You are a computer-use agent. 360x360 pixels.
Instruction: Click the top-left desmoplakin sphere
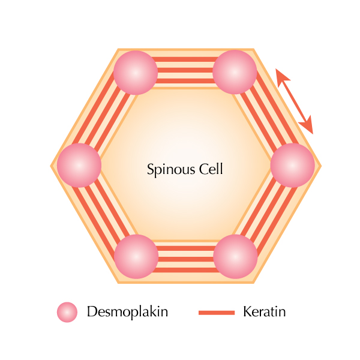pyautogui.click(x=136, y=73)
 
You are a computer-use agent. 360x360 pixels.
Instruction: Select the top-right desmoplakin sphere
pyautogui.click(x=235, y=72)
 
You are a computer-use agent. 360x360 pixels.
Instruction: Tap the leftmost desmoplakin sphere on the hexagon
pyautogui.click(x=79, y=166)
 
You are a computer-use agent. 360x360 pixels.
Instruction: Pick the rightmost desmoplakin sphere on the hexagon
pyautogui.click(x=293, y=166)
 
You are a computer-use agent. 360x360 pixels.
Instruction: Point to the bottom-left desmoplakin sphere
pyautogui.click(x=136, y=256)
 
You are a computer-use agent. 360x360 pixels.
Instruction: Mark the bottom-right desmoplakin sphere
pyautogui.click(x=235, y=256)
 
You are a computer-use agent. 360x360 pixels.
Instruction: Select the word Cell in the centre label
pyautogui.click(x=211, y=169)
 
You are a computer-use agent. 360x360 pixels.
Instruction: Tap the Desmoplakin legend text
pyautogui.click(x=127, y=312)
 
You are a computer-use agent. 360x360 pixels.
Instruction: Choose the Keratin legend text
pyautogui.click(x=264, y=312)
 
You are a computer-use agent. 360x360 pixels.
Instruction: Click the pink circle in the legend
pyautogui.click(x=67, y=312)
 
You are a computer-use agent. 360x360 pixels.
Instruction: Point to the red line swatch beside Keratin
pyautogui.click(x=217, y=313)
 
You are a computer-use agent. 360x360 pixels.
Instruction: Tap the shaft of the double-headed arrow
pyautogui.click(x=295, y=101)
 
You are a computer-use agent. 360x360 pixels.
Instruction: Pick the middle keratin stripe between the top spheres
pyautogui.click(x=185, y=70)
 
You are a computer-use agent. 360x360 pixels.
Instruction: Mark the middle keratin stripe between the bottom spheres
pyautogui.click(x=186, y=259)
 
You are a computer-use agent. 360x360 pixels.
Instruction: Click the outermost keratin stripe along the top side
pyautogui.click(x=185, y=59)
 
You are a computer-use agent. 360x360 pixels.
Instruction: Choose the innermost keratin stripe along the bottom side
pyautogui.click(x=186, y=248)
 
